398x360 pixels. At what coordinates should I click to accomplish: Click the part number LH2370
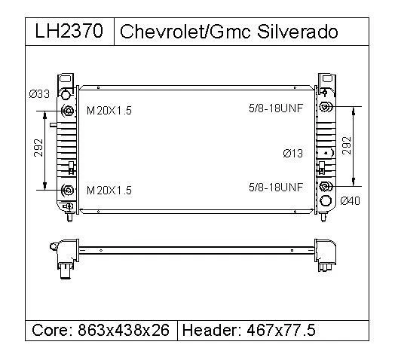point(69,32)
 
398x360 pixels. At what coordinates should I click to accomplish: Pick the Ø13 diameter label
point(292,154)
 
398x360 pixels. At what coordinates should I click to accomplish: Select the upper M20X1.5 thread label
point(109,111)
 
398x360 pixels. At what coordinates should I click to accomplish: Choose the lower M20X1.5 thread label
point(109,191)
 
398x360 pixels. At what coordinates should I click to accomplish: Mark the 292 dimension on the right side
point(347,145)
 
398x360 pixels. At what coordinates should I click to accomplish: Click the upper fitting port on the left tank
point(69,111)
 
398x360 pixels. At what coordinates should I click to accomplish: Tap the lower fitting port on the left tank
point(69,191)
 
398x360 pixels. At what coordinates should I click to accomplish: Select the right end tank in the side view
point(326,255)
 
